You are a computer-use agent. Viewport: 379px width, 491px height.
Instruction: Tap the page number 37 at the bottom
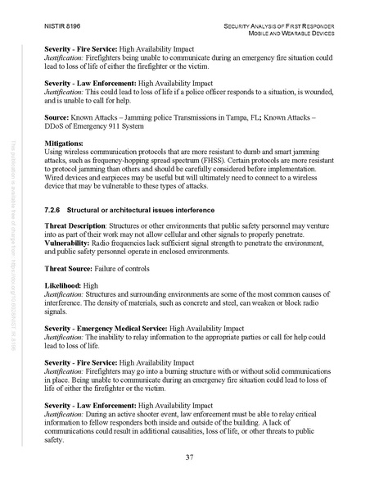click(x=189, y=455)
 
